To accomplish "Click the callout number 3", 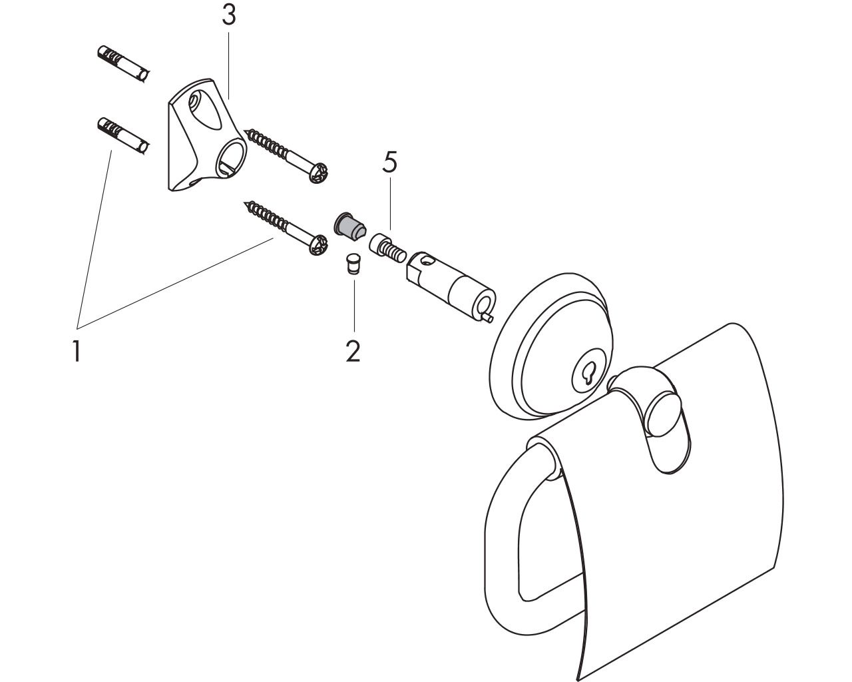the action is pyautogui.click(x=229, y=15).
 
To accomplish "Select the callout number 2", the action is pyautogui.click(x=353, y=351).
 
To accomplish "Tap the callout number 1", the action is pyautogui.click(x=77, y=351).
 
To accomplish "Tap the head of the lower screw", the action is pyautogui.click(x=319, y=245).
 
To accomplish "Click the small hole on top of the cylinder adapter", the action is pyautogui.click(x=426, y=261).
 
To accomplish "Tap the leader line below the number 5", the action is pyautogui.click(x=390, y=203).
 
